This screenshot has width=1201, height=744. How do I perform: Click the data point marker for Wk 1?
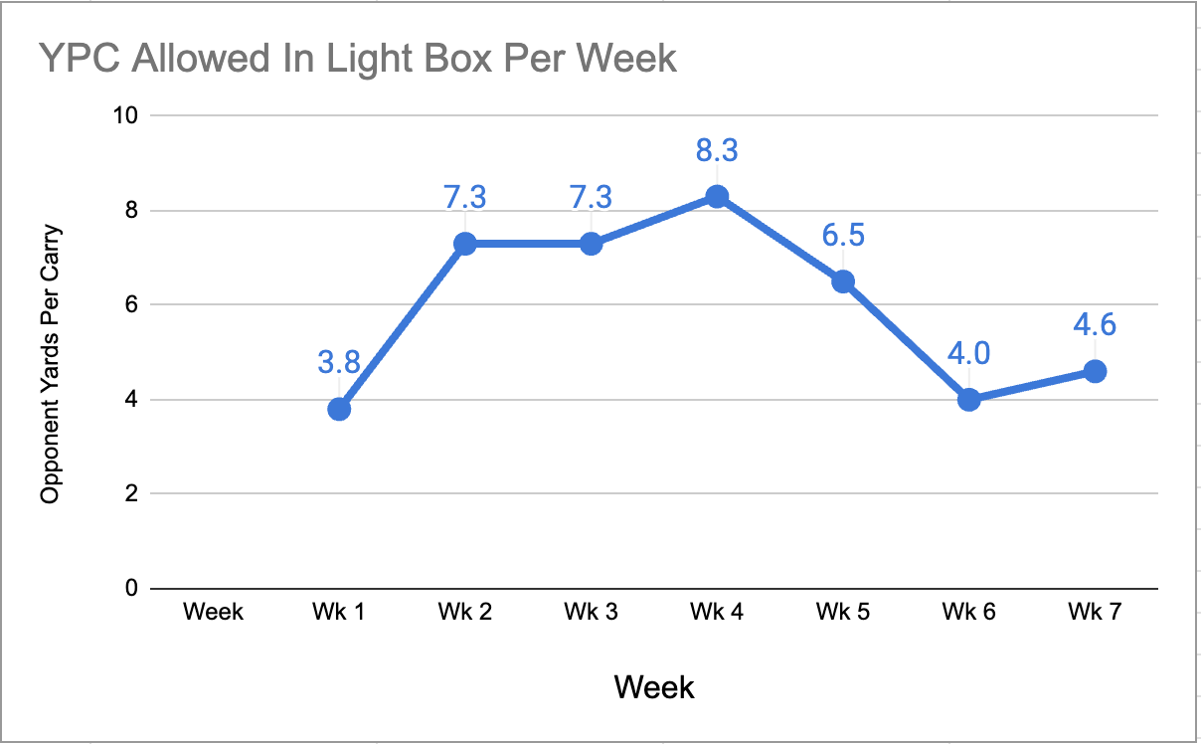[339, 409]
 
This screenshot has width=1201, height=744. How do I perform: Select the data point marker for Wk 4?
[717, 197]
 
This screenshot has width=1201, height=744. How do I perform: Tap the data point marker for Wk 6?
[968, 400]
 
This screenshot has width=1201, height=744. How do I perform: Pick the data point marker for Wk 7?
[1095, 371]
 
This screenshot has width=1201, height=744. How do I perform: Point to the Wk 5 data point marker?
[843, 281]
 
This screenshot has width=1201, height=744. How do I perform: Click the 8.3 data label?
[717, 150]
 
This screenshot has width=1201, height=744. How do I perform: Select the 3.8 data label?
[339, 362]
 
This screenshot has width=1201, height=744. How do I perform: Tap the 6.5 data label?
[843, 235]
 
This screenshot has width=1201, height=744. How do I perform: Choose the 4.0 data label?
[968, 353]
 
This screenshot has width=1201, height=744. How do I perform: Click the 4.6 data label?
[1095, 324]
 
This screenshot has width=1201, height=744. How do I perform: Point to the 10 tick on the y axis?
[125, 115]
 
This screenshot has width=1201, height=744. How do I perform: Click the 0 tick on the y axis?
[132, 588]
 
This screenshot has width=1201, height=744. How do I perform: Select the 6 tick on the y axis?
[132, 304]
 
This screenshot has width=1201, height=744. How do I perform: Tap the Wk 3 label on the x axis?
[591, 612]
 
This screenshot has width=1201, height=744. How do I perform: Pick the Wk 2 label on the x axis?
[465, 612]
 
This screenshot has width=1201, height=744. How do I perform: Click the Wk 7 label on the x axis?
[1095, 612]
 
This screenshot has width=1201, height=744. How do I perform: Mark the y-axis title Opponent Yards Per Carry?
[50, 364]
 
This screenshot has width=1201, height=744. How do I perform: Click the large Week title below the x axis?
[654, 686]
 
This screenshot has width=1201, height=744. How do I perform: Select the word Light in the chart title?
[370, 59]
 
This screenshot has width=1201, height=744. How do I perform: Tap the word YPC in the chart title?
[80, 58]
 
